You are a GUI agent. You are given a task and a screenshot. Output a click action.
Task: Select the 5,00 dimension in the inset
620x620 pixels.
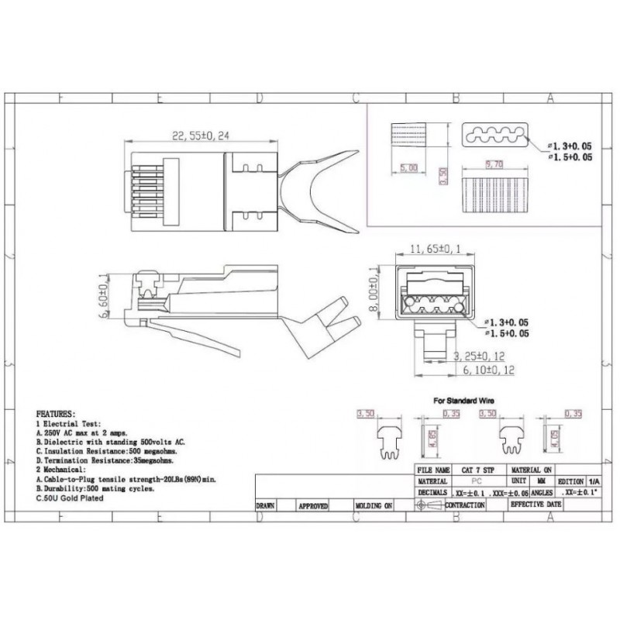pyautogui.click(x=408, y=167)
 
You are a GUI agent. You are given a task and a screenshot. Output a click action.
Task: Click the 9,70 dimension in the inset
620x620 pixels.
pyautogui.click(x=494, y=165)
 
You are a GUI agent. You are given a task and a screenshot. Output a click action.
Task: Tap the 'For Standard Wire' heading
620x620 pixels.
pyautogui.click(x=463, y=401)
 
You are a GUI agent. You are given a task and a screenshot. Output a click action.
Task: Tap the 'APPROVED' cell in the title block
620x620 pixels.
pyautogui.click(x=313, y=505)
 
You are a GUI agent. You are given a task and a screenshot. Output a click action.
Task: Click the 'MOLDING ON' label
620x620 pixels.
pyautogui.click(x=374, y=505)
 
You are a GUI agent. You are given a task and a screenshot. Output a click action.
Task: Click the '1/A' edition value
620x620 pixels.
pyautogui.click(x=593, y=480)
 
